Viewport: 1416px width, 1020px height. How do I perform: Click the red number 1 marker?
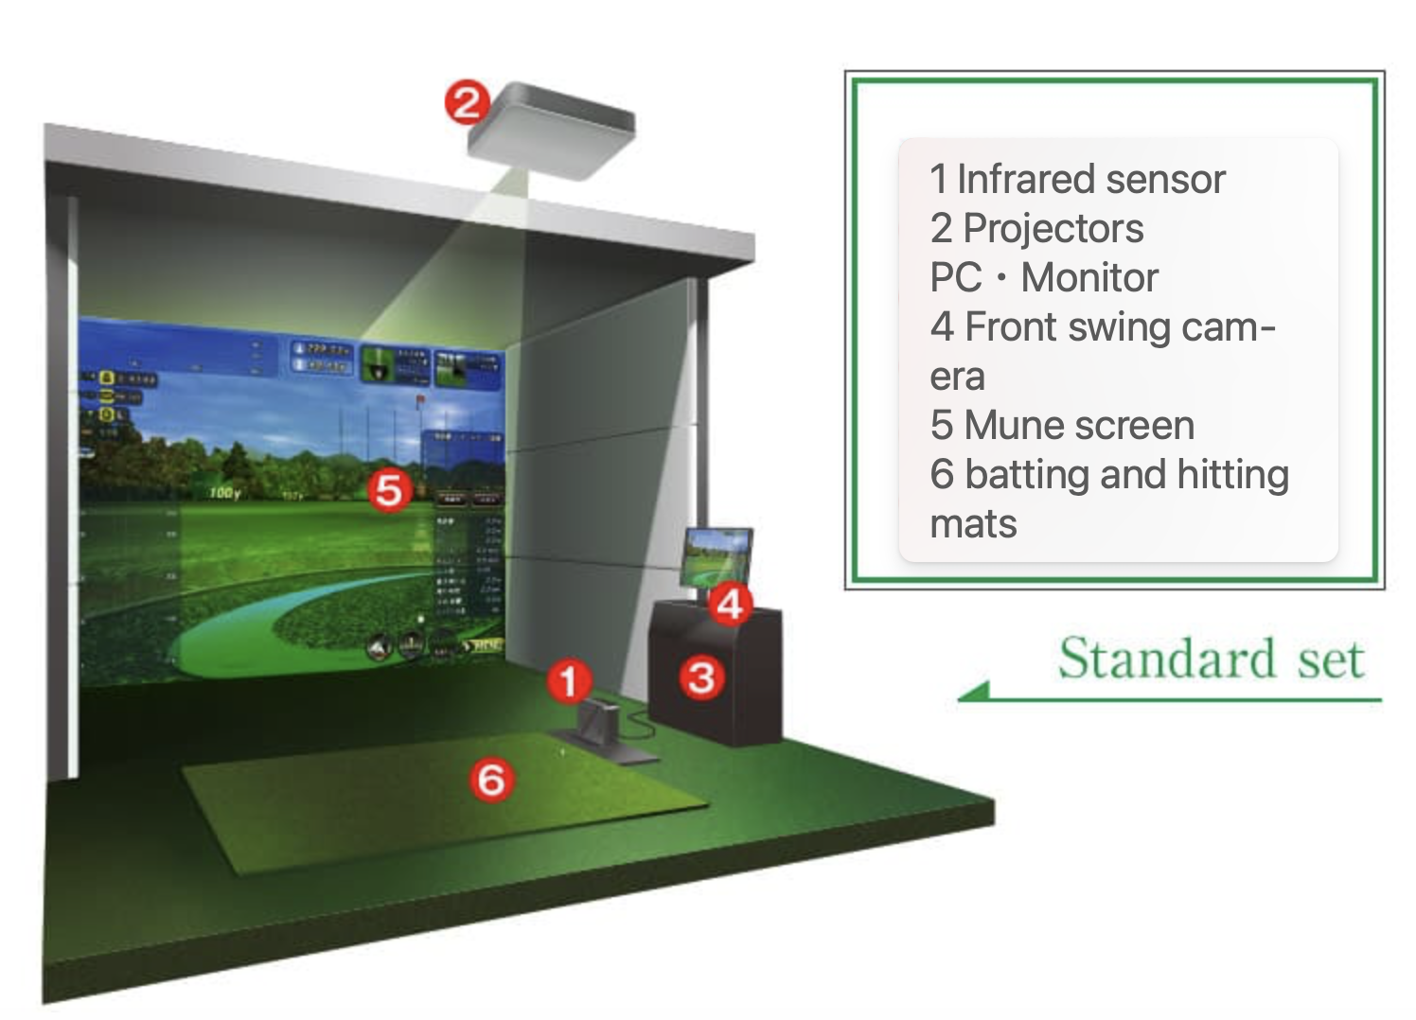[569, 680]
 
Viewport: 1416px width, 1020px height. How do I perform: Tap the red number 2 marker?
[467, 102]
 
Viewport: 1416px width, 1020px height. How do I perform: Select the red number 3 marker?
[701, 677]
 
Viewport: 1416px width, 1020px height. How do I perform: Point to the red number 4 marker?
[730, 604]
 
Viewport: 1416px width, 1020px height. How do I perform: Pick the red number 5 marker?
[389, 490]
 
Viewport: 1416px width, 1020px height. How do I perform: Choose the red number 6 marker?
[492, 780]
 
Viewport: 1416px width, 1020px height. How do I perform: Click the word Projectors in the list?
[1053, 228]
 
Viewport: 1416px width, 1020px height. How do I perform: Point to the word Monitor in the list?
[1089, 277]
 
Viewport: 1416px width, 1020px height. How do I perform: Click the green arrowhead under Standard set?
[973, 693]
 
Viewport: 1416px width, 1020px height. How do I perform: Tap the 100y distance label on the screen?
[224, 493]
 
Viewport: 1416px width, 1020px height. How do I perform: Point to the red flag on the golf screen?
[419, 401]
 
